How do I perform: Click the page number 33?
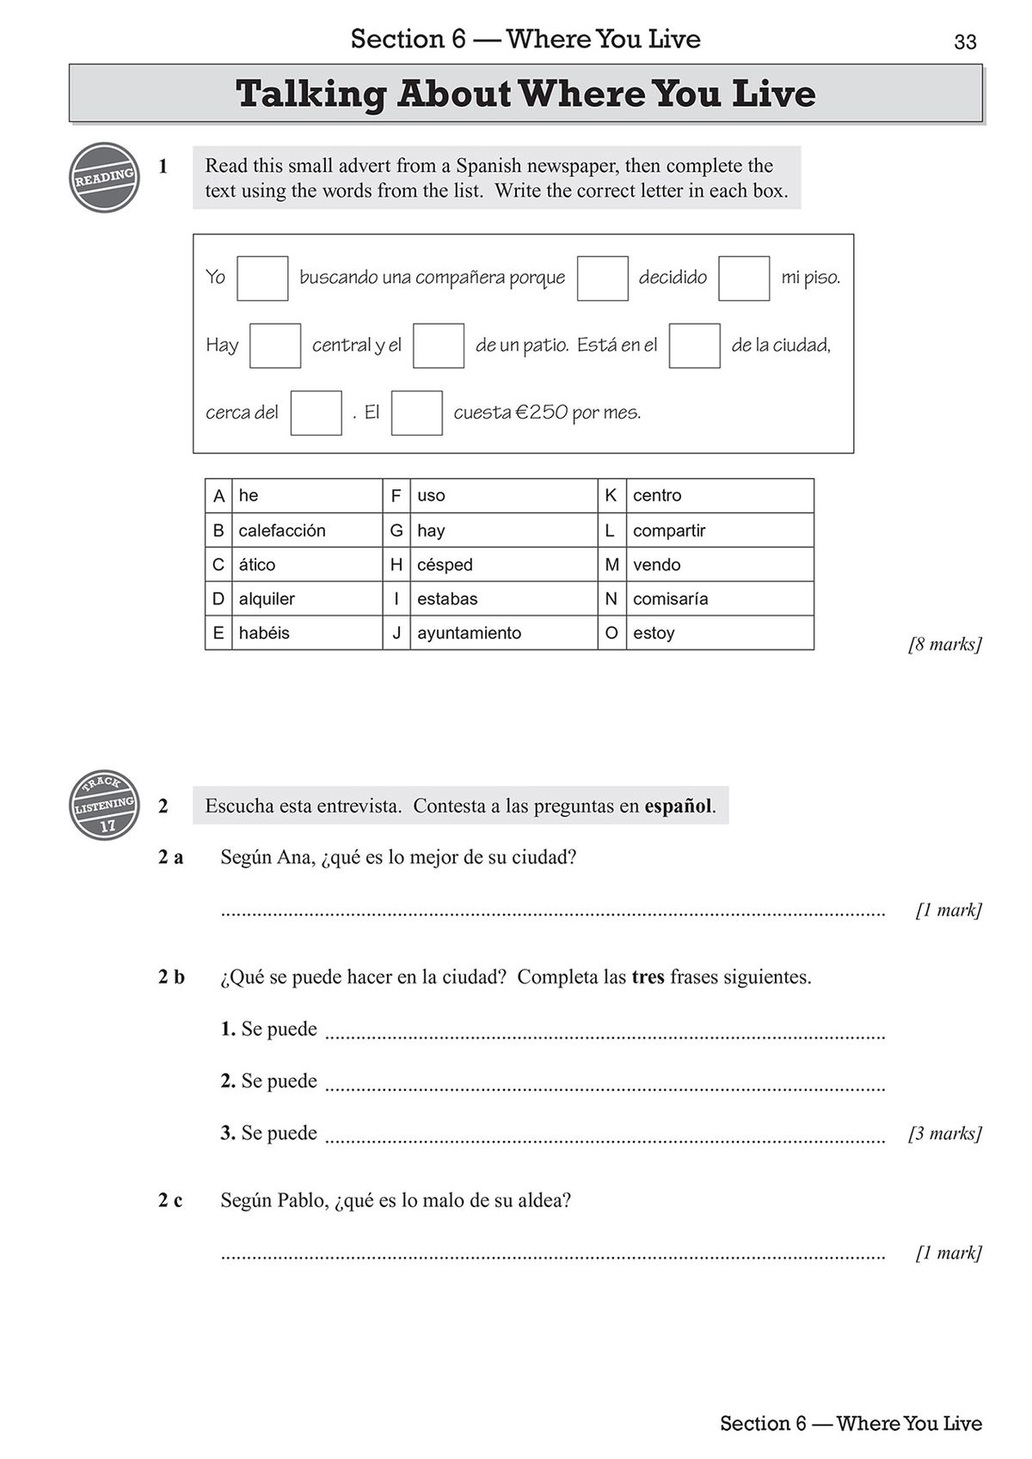tap(965, 42)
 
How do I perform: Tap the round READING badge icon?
tap(104, 178)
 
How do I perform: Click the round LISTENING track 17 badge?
tap(104, 805)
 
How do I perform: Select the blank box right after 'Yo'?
tap(262, 278)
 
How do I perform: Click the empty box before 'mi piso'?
tap(743, 278)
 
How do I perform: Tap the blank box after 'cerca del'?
tap(316, 413)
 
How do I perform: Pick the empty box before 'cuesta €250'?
tap(416, 413)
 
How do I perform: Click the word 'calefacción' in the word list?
tap(282, 530)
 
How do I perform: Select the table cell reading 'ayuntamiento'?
tap(469, 633)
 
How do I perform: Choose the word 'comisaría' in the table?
tap(670, 598)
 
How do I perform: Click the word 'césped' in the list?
tap(445, 565)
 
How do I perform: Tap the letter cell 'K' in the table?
tap(611, 495)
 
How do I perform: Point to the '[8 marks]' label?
tap(944, 644)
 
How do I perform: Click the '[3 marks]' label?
tap(944, 1133)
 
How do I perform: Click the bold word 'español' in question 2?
tap(678, 806)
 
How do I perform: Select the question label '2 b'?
tap(171, 977)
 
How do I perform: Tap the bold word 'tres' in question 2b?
tap(648, 977)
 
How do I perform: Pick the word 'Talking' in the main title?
tap(310, 94)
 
